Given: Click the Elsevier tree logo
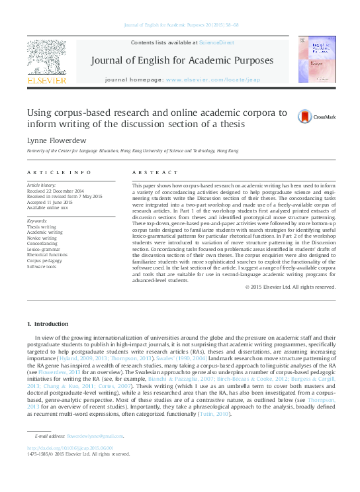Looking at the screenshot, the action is click(46, 58).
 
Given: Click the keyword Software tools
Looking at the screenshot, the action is click(41, 266).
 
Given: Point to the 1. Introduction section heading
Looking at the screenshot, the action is click(46, 324).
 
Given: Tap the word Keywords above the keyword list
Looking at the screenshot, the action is click(37, 220).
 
